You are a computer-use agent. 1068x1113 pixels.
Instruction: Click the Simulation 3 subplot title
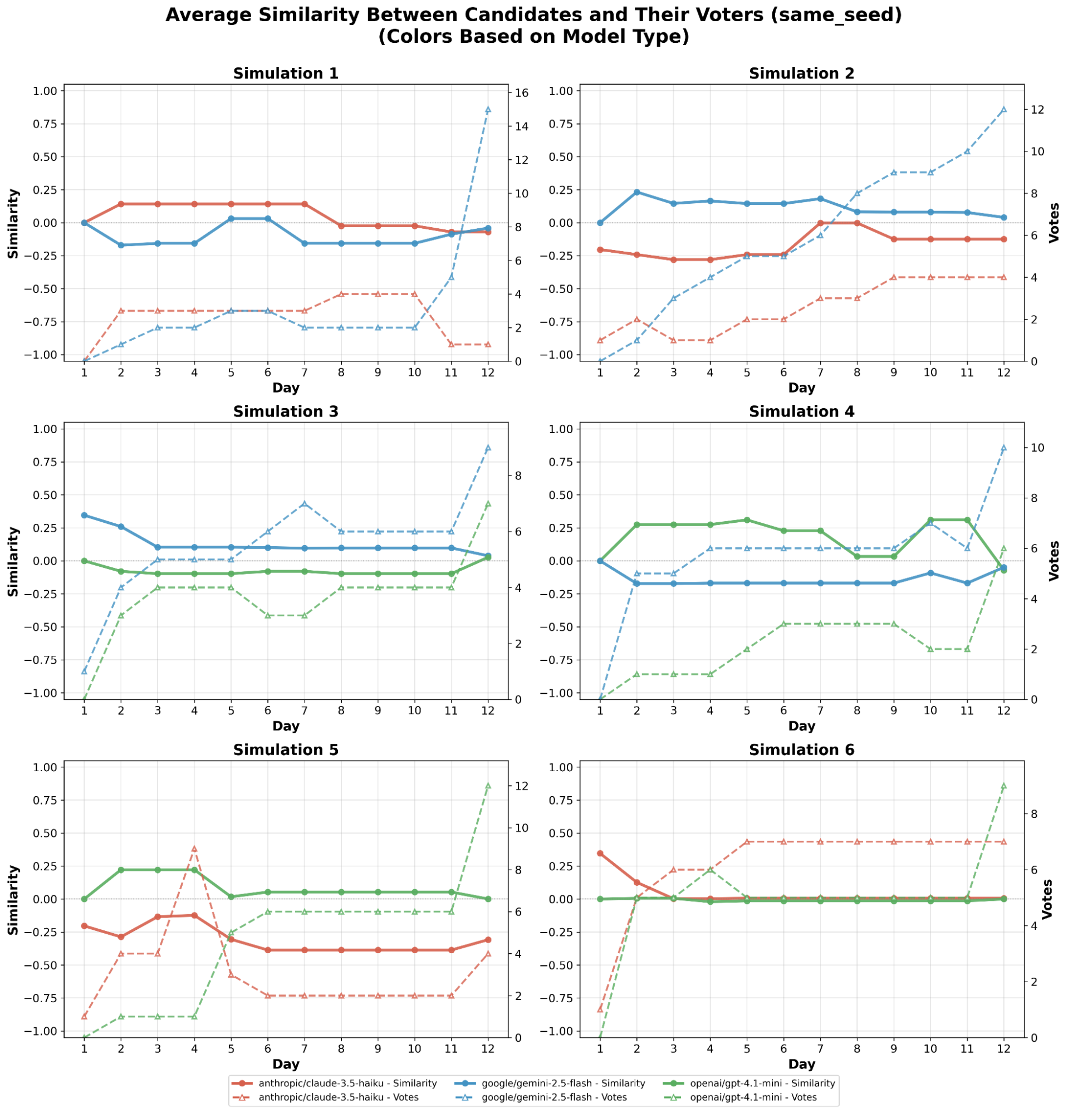click(x=286, y=411)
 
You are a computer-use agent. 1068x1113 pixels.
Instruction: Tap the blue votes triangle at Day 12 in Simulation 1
click(x=488, y=109)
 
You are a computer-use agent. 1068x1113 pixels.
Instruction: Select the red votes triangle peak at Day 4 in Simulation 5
click(x=194, y=849)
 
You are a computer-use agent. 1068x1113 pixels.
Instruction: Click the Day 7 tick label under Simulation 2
click(x=820, y=372)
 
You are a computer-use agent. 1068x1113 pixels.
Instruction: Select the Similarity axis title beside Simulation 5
click(x=13, y=900)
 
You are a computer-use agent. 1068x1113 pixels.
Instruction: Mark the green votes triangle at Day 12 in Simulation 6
click(x=1003, y=786)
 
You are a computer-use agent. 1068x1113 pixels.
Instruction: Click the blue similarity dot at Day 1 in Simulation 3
click(x=84, y=515)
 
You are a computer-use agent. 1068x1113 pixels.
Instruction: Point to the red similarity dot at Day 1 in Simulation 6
click(x=600, y=853)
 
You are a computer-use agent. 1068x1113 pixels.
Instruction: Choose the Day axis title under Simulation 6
click(x=801, y=1063)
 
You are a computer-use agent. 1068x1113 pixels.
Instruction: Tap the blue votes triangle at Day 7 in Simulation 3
click(x=305, y=503)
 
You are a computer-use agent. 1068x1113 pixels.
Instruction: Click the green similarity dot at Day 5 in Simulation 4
click(x=747, y=519)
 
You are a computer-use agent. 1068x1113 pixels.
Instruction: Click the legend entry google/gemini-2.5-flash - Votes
click(x=553, y=1097)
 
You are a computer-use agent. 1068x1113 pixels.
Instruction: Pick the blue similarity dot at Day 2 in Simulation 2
click(x=636, y=192)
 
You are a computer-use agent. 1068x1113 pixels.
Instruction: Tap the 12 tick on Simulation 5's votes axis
click(x=522, y=786)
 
